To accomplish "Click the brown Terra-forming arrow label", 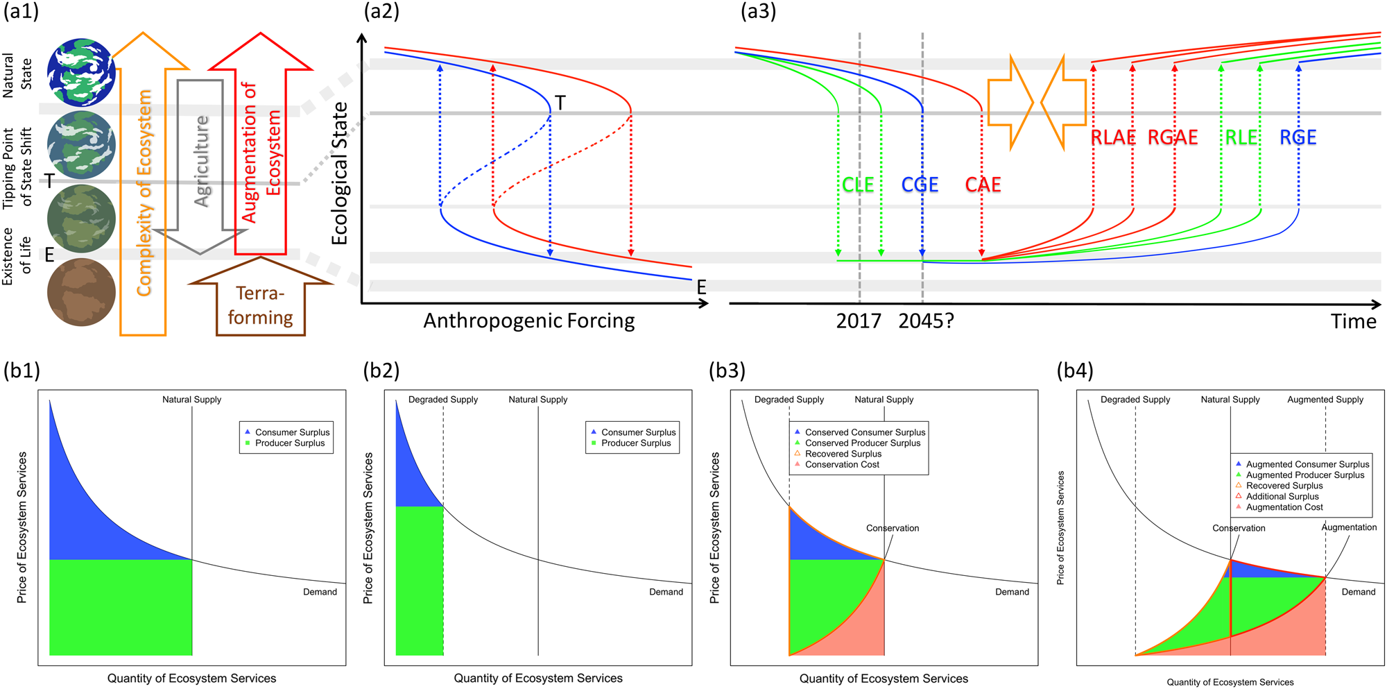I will click(x=260, y=305).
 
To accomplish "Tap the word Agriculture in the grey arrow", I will click(x=201, y=161).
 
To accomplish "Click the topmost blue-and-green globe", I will click(x=81, y=72).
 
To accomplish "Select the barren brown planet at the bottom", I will click(x=81, y=292).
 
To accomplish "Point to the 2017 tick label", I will click(x=858, y=321).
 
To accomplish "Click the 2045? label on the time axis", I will click(x=926, y=321).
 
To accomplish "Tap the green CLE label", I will click(x=857, y=185).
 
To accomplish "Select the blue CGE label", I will click(x=920, y=185).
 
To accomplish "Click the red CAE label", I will click(x=983, y=185).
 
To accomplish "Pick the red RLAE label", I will click(x=1113, y=137).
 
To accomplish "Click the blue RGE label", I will click(x=1298, y=137).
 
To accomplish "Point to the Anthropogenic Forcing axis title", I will click(x=529, y=321).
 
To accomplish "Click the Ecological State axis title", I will click(x=339, y=173).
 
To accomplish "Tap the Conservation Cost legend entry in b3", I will click(x=841, y=465).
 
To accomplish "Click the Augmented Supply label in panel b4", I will click(x=1325, y=400).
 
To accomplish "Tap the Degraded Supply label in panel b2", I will click(x=442, y=400).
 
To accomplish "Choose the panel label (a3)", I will click(x=758, y=12).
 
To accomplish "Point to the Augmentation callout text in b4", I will click(x=1348, y=527).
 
